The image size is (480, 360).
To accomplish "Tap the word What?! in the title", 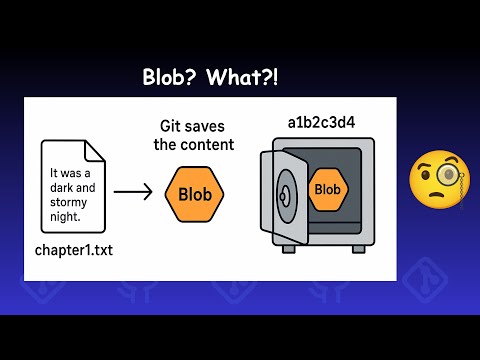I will pos(248,77).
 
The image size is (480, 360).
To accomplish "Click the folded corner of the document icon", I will pos(95,150).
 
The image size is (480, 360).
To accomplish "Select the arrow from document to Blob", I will pos(132,190).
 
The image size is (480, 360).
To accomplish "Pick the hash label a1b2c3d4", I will pos(321,123).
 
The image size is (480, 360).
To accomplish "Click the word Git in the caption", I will pos(173,127).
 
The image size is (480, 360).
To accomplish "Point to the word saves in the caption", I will pos(212,127).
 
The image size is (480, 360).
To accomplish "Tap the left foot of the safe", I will pos(289,247).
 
